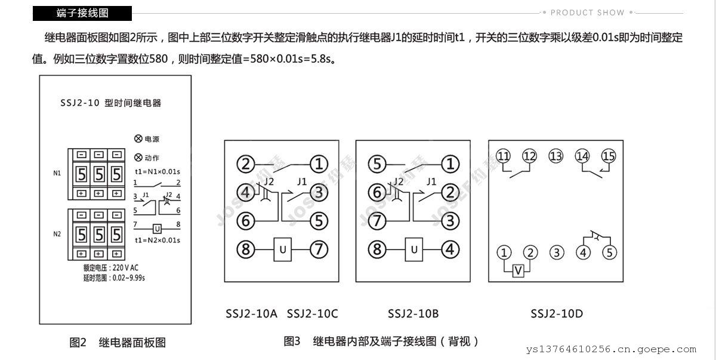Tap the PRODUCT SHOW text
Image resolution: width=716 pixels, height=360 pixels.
coord(587,12)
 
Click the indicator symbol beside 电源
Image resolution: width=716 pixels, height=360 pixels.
coord(138,139)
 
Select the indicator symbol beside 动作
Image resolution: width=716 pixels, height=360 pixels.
coord(138,158)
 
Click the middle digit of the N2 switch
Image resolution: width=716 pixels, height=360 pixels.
coord(100,233)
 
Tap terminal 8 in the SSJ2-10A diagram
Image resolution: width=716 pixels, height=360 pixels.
coord(246,248)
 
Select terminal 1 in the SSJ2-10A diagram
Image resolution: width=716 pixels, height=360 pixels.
coord(320,163)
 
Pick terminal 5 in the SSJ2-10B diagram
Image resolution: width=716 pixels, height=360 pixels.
coord(376,163)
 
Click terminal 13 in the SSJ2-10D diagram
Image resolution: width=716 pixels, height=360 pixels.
coord(556,156)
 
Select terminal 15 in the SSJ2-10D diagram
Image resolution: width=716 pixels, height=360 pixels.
coord(608,156)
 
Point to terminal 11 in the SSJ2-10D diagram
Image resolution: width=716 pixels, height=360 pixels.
coord(504,156)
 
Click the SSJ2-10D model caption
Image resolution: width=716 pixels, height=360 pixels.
coord(556,313)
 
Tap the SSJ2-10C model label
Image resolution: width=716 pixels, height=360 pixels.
coord(312,313)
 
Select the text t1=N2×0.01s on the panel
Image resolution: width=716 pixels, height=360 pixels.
coord(158,240)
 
